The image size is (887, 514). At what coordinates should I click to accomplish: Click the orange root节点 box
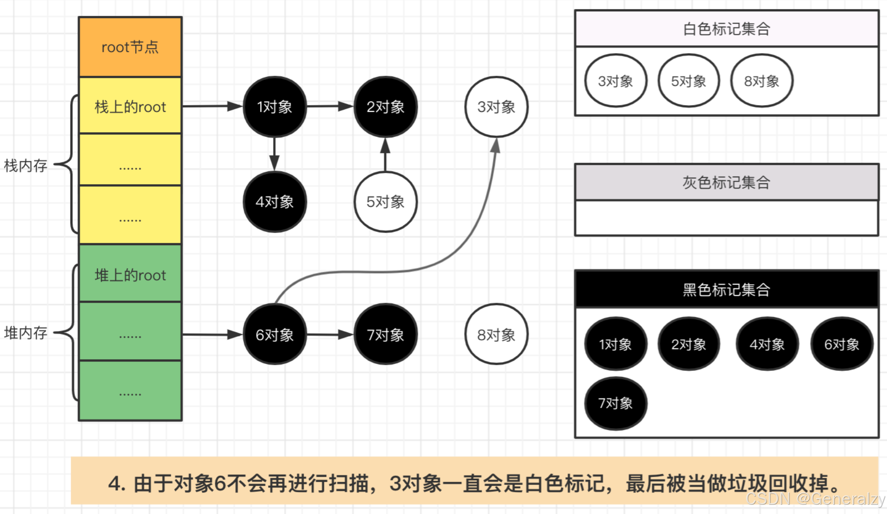click(130, 47)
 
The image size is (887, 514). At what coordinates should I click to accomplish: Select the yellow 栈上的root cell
click(130, 106)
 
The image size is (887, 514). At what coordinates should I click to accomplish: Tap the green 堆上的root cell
click(130, 275)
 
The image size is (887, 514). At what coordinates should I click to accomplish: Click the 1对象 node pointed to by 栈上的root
click(274, 107)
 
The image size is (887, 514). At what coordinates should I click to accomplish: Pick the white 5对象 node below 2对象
click(385, 202)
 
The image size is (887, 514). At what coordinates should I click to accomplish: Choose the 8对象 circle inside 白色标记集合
click(761, 81)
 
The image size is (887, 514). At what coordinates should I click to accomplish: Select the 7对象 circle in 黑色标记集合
click(615, 403)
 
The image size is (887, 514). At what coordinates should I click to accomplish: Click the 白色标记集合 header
click(726, 28)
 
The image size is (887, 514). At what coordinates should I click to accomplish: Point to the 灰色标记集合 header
click(726, 182)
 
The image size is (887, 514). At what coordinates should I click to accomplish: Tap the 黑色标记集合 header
click(726, 289)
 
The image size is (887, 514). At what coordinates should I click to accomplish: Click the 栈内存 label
click(26, 166)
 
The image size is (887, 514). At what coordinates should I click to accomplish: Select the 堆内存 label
click(26, 333)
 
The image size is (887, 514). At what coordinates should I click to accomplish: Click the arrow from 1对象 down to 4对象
click(274, 154)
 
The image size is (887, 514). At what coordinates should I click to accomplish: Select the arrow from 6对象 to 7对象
click(330, 334)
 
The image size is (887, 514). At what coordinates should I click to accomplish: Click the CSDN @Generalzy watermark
click(815, 499)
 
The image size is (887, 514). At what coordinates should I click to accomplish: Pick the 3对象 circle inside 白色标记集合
click(615, 81)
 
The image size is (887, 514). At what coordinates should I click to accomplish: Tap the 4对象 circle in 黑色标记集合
click(767, 344)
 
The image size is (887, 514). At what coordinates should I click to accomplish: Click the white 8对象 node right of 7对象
click(496, 334)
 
